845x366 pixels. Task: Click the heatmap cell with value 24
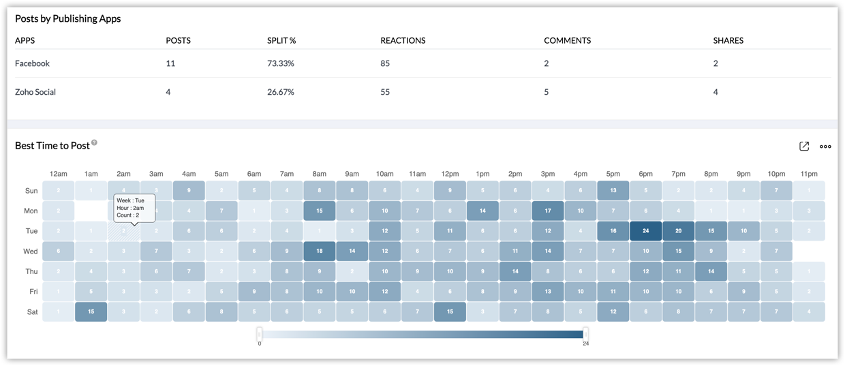point(645,231)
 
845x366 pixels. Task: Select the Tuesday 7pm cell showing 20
point(678,231)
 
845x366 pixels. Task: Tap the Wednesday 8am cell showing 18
point(319,251)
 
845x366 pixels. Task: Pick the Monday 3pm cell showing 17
point(548,211)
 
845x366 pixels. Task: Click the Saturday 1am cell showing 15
point(91,312)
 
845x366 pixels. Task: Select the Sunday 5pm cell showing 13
point(613,191)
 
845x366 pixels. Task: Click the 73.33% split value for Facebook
point(281,63)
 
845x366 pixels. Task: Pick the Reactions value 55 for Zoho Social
point(385,92)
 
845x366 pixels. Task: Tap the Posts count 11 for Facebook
point(170,63)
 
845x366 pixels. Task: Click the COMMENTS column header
point(567,41)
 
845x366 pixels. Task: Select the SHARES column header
point(728,41)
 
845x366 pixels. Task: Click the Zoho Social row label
point(35,92)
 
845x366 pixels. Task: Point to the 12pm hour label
point(450,174)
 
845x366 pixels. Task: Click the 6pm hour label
point(645,174)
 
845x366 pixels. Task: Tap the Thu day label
point(32,271)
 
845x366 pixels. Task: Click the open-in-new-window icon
point(804,147)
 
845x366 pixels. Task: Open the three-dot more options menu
point(825,147)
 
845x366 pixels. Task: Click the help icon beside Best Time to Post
point(95,143)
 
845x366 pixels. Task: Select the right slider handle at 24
point(585,334)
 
